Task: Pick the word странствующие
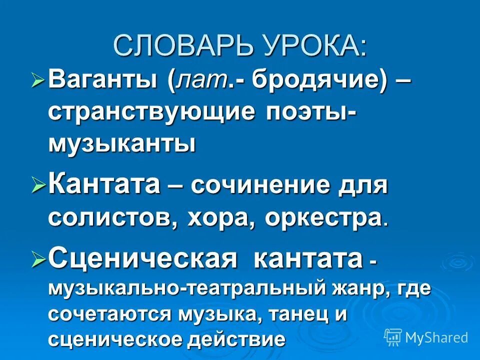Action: (x=151, y=112)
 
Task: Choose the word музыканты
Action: (x=122, y=144)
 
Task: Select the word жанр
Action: (x=357, y=290)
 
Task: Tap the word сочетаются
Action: (x=109, y=315)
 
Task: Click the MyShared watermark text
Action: (x=436, y=337)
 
